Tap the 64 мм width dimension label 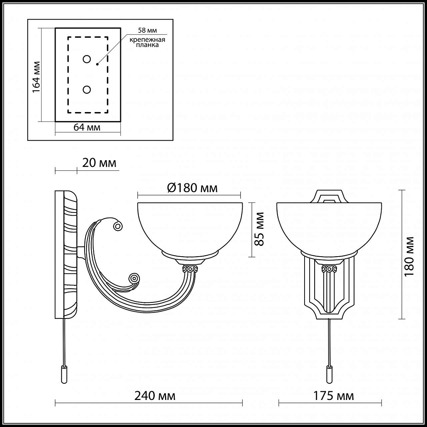point(87,127)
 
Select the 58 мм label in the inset point(147,30)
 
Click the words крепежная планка point(147,42)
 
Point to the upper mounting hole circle point(86,59)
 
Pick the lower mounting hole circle point(86,90)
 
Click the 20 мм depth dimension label point(99,163)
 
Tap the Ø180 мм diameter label point(193,188)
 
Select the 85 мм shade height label point(259,229)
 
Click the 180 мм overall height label point(409,257)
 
